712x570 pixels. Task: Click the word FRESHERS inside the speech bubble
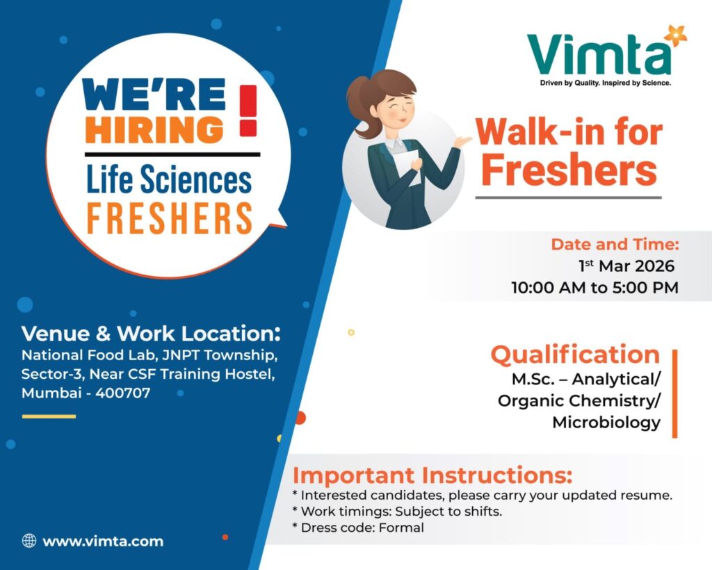click(169, 218)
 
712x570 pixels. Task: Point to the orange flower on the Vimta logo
click(674, 35)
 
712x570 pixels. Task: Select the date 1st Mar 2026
click(626, 266)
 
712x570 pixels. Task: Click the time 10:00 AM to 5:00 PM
click(594, 287)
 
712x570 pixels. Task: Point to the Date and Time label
click(615, 245)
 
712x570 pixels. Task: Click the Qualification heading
click(575, 355)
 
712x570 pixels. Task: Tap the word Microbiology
click(606, 422)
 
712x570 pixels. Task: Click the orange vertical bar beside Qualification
click(674, 393)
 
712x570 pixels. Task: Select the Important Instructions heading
click(432, 476)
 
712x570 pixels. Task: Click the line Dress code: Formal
click(362, 528)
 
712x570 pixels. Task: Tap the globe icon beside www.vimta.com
click(29, 541)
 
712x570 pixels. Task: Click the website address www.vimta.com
click(103, 541)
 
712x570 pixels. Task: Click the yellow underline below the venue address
click(49, 416)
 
